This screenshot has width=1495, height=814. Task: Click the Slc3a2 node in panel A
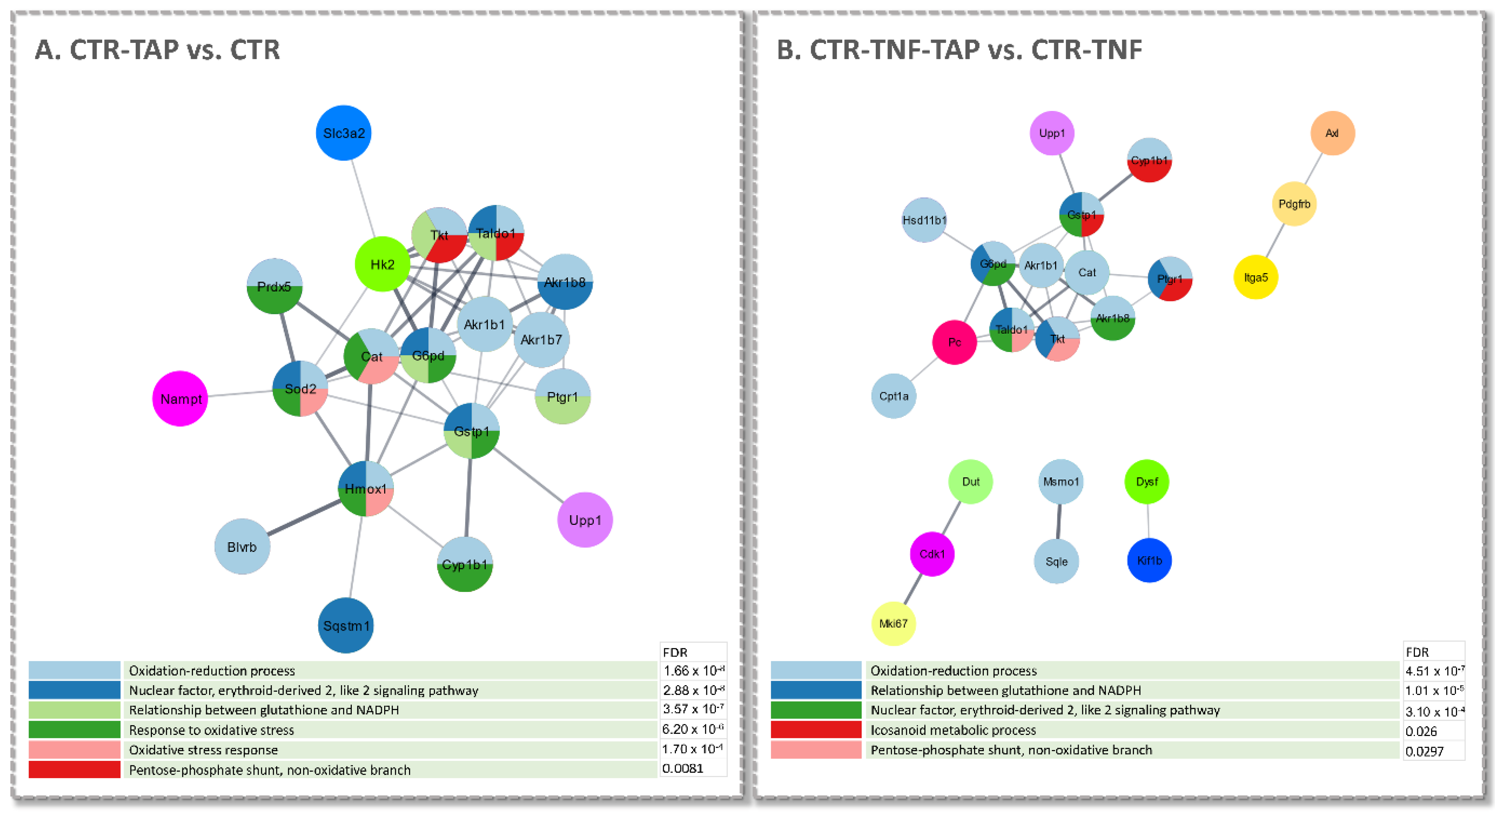(343, 133)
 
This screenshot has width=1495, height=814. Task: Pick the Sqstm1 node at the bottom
(345, 625)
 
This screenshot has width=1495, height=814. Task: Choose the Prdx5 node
(274, 286)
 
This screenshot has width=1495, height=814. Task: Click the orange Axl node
(1332, 133)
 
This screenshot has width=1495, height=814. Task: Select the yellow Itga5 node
(1255, 277)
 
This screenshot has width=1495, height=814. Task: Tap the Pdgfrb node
(1294, 204)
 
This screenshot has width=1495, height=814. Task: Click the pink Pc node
(954, 342)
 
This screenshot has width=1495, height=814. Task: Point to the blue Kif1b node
(1149, 560)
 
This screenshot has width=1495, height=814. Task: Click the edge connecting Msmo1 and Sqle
(1059, 521)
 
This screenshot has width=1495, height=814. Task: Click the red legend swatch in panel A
(74, 769)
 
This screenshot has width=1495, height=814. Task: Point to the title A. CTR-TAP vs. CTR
(157, 49)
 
